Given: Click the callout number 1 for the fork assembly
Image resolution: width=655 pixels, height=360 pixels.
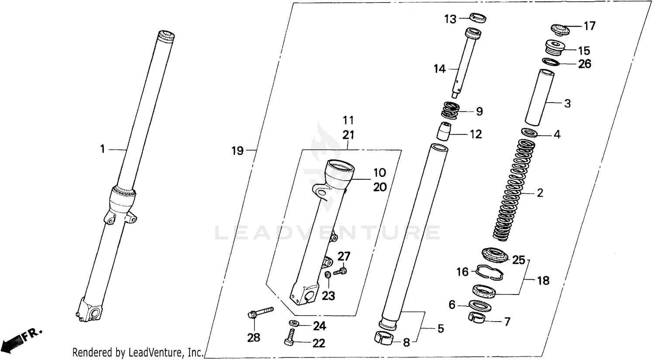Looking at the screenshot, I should click(x=102, y=150).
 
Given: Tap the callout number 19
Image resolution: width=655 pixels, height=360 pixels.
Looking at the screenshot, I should click(x=237, y=151).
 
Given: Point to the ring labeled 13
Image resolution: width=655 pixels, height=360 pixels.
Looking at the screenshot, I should click(x=477, y=18).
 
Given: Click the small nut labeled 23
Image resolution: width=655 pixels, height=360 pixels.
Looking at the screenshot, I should click(x=327, y=275).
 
